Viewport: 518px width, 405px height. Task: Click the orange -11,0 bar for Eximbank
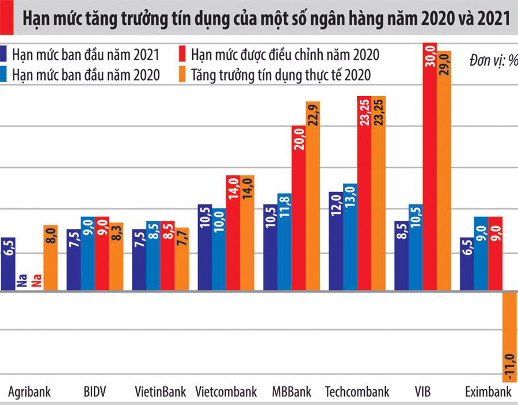[509, 337]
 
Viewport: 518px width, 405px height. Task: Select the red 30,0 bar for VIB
[429, 167]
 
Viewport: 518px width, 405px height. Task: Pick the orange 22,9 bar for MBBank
[313, 196]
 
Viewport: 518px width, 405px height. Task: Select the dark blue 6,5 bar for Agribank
[8, 264]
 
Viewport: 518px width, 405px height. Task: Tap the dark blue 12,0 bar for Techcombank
[336, 242]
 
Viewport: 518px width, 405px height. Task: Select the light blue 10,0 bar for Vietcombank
[219, 250]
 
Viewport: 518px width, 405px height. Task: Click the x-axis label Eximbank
[488, 392]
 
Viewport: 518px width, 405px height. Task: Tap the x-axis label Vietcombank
[226, 392]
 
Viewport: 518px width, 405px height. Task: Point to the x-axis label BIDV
[94, 392]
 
